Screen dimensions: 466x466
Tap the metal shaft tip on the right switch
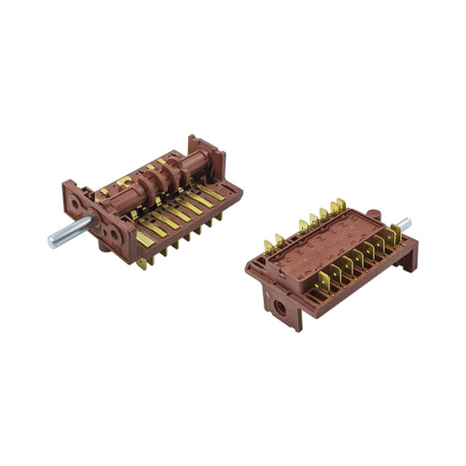[x=404, y=224]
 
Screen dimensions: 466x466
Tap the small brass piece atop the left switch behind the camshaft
[x=149, y=169]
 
